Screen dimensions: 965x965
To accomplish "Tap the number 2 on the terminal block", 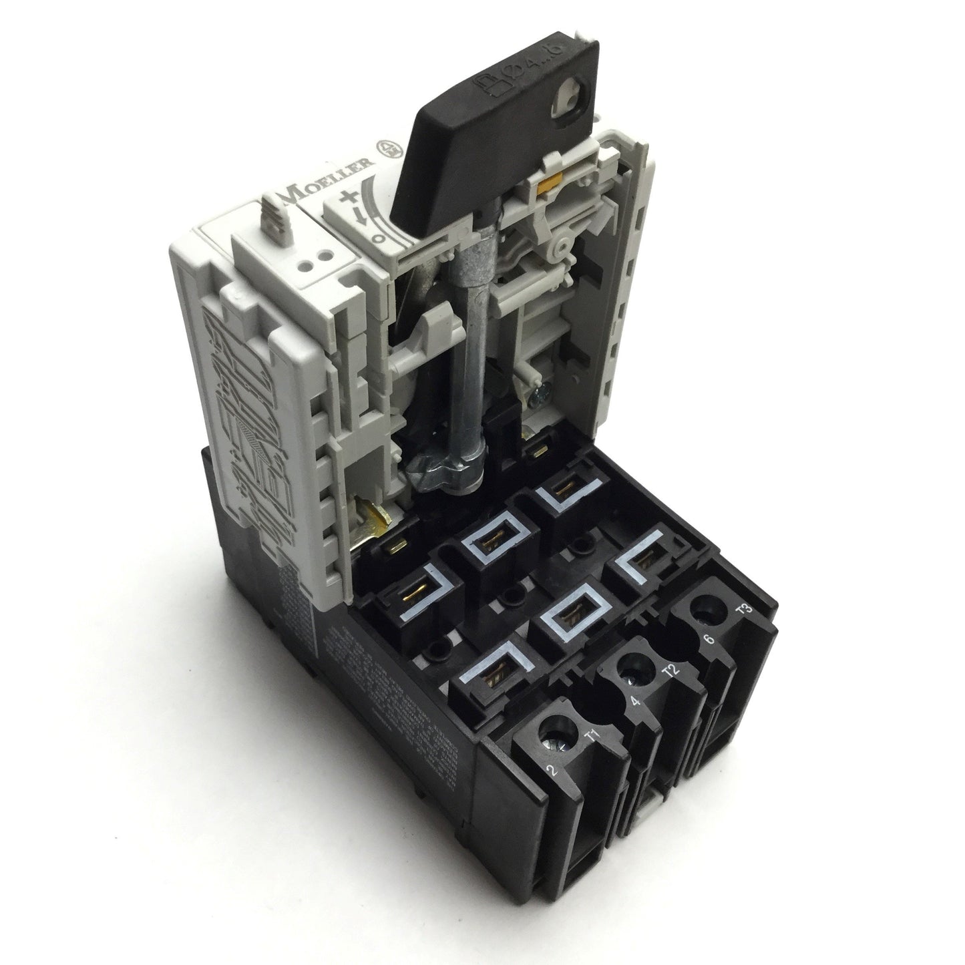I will pyautogui.click(x=552, y=772).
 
